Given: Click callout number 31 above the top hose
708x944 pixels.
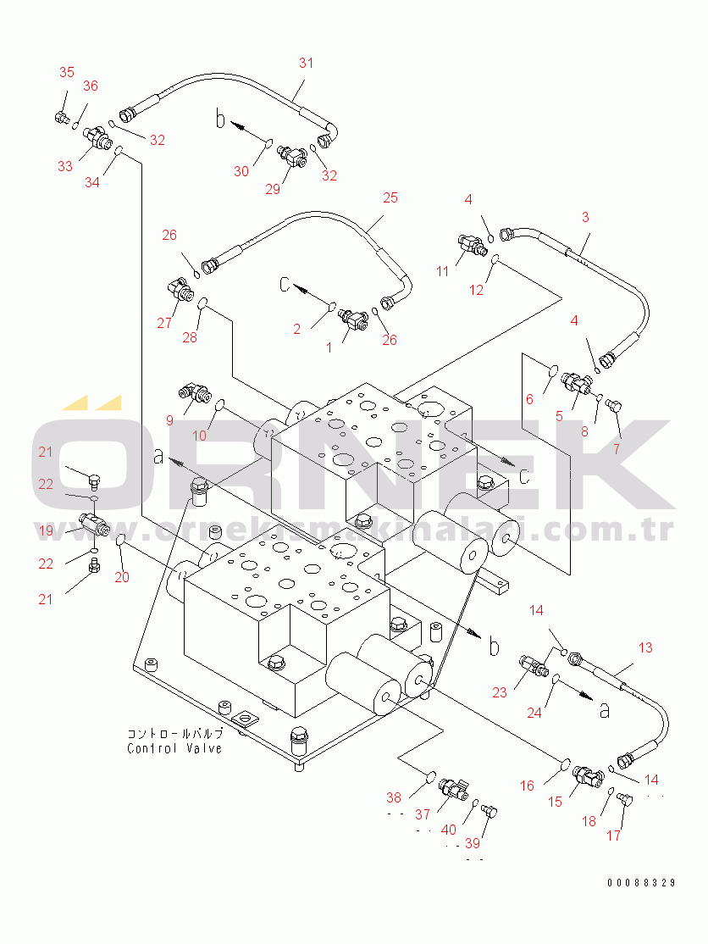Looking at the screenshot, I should coord(306,63).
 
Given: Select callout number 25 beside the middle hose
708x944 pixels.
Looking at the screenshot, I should coord(390,198).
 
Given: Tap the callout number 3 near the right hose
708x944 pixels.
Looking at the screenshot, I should coord(584,217).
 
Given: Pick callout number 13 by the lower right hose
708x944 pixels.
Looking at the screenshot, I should coord(645,647).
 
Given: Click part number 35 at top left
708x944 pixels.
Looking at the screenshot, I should coord(67,73).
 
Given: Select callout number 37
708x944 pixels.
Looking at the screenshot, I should coord(422,814).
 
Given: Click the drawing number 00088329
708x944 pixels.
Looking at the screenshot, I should coord(641,883).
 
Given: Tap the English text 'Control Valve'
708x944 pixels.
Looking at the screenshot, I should coord(174,748).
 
